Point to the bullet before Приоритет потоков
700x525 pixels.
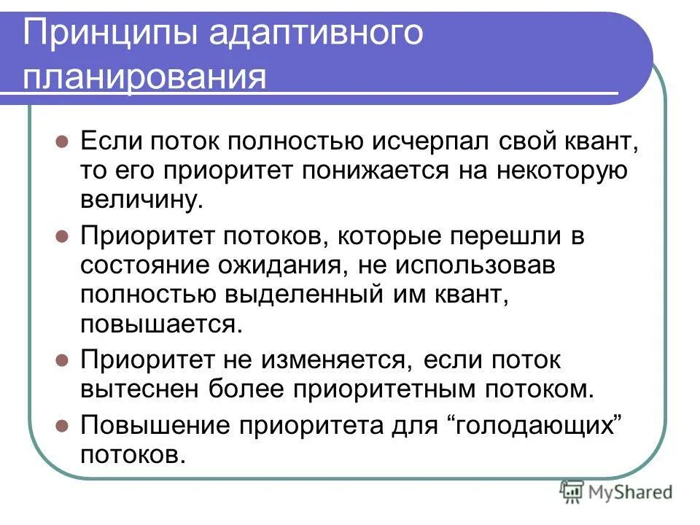click(62, 236)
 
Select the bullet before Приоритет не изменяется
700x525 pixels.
click(62, 360)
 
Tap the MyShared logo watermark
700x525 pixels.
click(617, 493)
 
